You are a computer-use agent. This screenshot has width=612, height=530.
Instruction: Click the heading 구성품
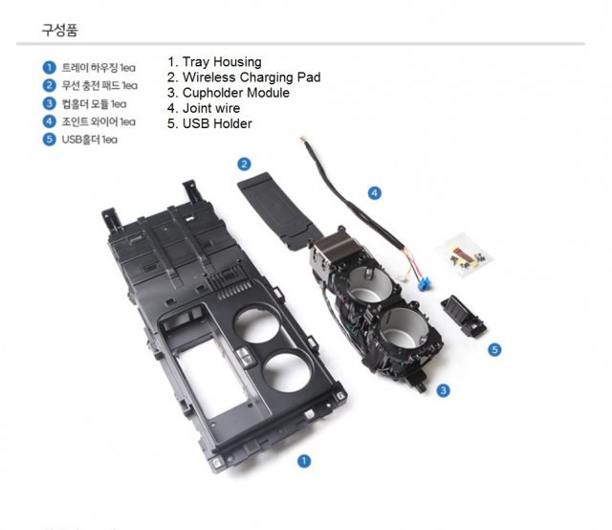58,30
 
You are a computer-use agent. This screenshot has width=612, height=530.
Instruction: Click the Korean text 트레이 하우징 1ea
98,67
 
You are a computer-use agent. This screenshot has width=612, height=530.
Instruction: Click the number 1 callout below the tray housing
304,460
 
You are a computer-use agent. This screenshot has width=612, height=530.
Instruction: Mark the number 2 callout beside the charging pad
245,165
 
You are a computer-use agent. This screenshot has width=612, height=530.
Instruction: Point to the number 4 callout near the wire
375,192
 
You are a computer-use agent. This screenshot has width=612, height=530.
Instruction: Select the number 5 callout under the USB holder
494,350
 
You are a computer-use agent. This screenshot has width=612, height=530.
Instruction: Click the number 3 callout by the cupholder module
444,389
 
